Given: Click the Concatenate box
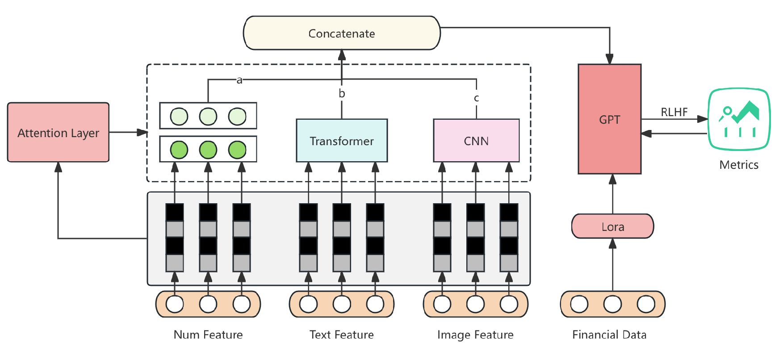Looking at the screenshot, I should (x=342, y=33).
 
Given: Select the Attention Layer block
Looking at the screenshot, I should (x=58, y=133).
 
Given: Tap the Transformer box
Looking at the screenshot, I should (x=342, y=141).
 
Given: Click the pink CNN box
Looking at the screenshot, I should (x=476, y=141).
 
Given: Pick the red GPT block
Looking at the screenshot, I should (x=609, y=119).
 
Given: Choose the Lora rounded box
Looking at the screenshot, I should (x=612, y=226).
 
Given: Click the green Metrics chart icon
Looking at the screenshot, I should (x=739, y=119).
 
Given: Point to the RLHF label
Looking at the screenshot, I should (x=674, y=112).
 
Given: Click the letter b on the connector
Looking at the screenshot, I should (x=342, y=93).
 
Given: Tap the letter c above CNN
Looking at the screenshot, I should (x=476, y=98).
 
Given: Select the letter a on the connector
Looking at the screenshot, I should (x=239, y=80).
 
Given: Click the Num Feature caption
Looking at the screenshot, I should (x=208, y=335).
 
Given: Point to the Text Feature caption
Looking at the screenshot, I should (x=342, y=335).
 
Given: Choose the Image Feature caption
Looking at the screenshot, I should (x=475, y=335).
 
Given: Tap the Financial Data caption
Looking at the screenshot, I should (x=609, y=335).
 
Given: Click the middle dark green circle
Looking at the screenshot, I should (x=208, y=150).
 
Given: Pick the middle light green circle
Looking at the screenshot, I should (x=208, y=117).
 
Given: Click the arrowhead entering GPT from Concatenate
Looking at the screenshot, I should (x=609, y=59).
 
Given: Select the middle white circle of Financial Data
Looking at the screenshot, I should (x=612, y=304).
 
